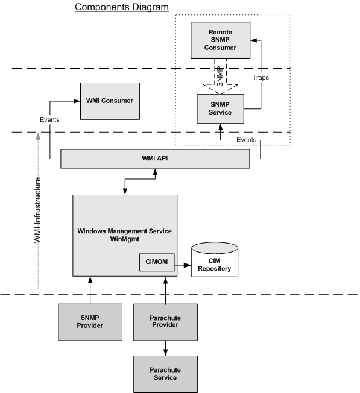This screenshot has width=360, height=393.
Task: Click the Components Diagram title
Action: click(122, 7)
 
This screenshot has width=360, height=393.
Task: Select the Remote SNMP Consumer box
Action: click(220, 40)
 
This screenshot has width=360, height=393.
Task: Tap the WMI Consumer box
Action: click(110, 101)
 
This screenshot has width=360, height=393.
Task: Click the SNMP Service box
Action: click(220, 108)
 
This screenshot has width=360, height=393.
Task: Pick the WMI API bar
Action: click(155, 159)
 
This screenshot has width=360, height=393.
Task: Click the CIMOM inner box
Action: click(157, 262)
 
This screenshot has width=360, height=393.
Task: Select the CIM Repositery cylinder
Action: click(215, 260)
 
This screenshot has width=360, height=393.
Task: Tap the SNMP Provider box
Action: click(90, 322)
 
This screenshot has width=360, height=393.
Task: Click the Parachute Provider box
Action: click(165, 322)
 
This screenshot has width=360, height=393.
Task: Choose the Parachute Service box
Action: click(165, 374)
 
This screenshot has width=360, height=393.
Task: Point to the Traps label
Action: click(261, 77)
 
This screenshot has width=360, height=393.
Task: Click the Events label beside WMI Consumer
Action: click(49, 119)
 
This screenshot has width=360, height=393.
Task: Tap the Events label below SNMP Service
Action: click(247, 140)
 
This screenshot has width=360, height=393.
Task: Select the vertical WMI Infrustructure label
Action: click(37, 210)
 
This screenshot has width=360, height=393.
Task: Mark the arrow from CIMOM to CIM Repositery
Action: click(183, 265)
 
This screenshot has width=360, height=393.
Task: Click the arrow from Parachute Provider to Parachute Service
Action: click(165, 348)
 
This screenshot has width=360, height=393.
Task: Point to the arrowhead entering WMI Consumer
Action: click(77, 101)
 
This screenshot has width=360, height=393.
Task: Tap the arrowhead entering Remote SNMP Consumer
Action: click(254, 40)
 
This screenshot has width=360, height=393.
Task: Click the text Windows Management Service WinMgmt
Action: click(125, 235)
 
